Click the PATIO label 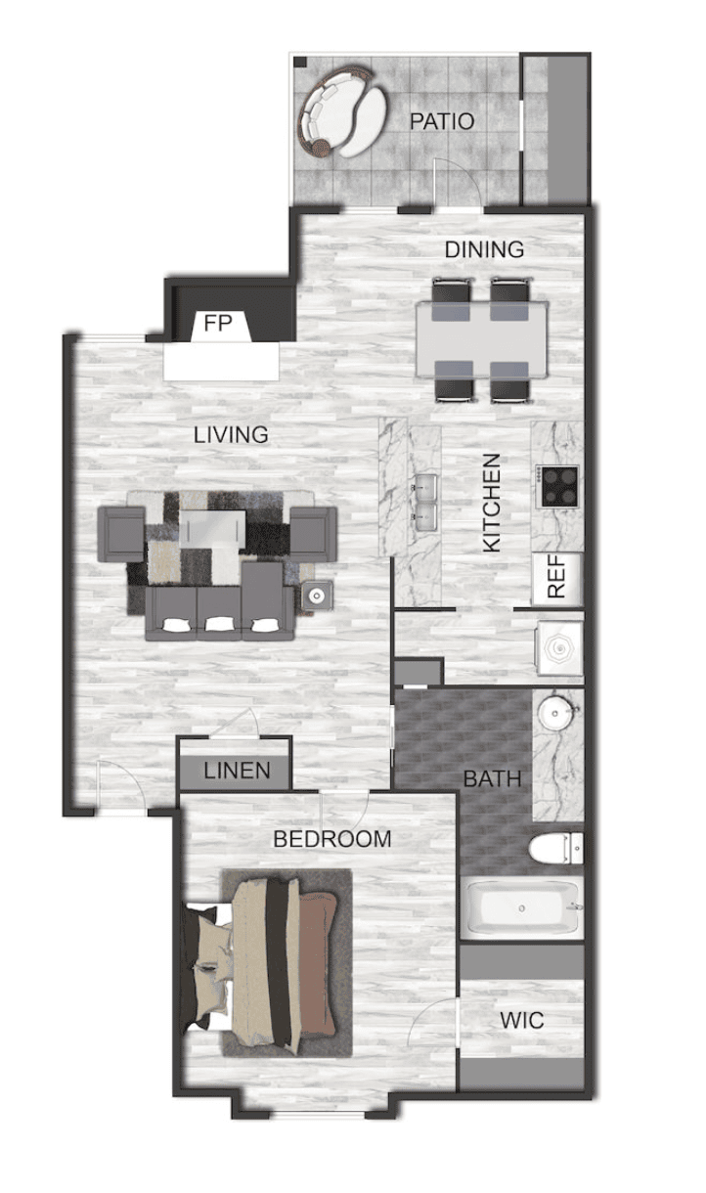(x=442, y=121)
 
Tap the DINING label (x=484, y=249)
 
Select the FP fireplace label (x=218, y=323)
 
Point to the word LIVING (x=231, y=435)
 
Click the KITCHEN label (x=492, y=503)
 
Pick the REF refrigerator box (x=557, y=579)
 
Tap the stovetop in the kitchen (x=558, y=487)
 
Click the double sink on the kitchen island (x=425, y=503)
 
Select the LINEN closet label (x=237, y=771)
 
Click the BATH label (x=492, y=779)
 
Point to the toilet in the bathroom (x=555, y=849)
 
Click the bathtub (x=522, y=908)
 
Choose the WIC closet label (x=522, y=1021)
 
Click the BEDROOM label (x=332, y=839)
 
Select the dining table (x=482, y=338)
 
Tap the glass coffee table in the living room (x=212, y=529)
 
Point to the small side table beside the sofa (x=318, y=595)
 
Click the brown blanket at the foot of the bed (x=318, y=962)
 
